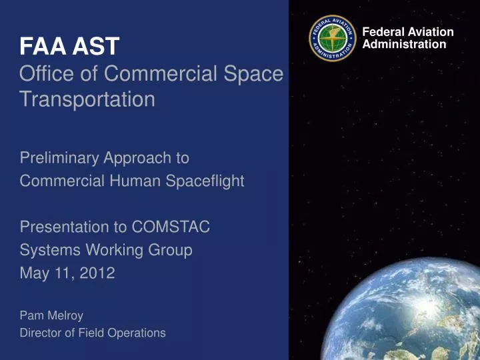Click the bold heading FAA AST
pyautogui.click(x=69, y=46)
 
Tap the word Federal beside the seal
pyautogui.click(x=381, y=32)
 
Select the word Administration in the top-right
pyautogui.click(x=403, y=44)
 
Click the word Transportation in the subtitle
pyautogui.click(x=87, y=99)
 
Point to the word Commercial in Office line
pyautogui.click(x=170, y=73)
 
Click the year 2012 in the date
pyautogui.click(x=97, y=273)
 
